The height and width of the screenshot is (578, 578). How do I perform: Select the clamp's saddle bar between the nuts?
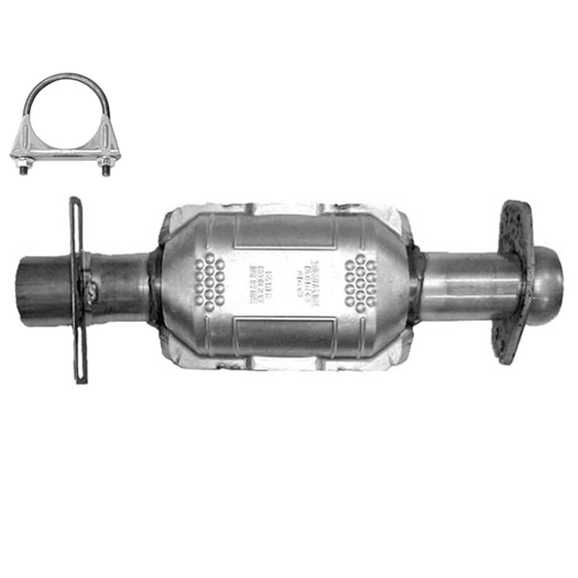[x=64, y=149]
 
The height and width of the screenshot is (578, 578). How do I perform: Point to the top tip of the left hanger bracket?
[x=73, y=203]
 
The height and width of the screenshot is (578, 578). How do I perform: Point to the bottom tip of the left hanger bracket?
[x=81, y=376]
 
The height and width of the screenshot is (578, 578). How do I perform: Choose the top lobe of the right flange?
[x=512, y=214]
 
